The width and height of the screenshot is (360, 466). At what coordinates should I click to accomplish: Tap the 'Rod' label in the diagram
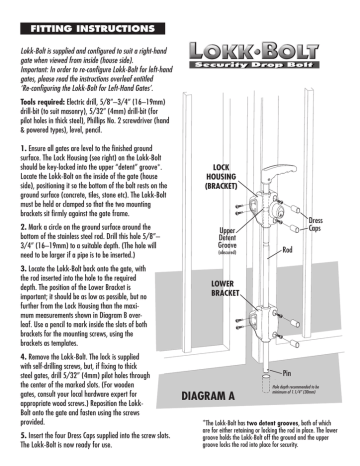[285, 251]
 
